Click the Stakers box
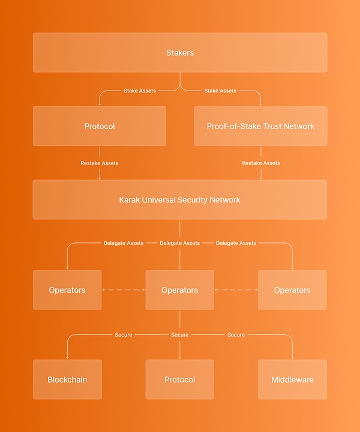tap(180, 53)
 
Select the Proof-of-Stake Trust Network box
tap(260, 126)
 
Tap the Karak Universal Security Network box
tap(180, 199)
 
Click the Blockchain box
tap(67, 380)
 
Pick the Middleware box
tap(292, 380)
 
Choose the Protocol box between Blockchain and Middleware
tap(180, 380)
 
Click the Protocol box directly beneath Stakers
tap(100, 126)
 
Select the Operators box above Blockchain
tap(67, 290)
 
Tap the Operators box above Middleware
tap(292, 290)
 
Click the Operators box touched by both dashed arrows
tap(180, 290)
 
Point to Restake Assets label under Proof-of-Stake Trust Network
tap(261, 163)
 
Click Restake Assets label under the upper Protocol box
tap(100, 163)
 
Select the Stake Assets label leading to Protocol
tap(140, 91)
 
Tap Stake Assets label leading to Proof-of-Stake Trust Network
tap(220, 91)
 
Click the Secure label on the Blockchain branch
tap(124, 335)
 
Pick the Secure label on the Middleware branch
tap(236, 335)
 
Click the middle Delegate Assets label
tap(180, 243)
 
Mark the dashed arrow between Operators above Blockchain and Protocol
tap(124, 290)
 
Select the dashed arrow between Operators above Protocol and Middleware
tap(236, 290)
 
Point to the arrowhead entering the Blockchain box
tap(67, 358)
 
